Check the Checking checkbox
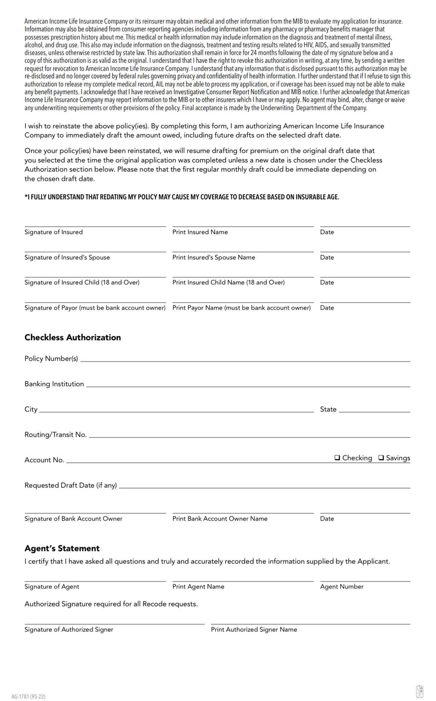(x=337, y=458)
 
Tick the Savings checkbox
(x=381, y=458)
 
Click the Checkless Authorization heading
(x=73, y=337)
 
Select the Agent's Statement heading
(x=62, y=548)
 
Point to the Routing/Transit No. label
(x=55, y=434)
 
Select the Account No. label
(x=44, y=460)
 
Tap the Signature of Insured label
(x=53, y=232)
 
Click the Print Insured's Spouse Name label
(x=214, y=257)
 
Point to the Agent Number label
(x=342, y=586)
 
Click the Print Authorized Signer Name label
(x=254, y=629)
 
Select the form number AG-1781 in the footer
(x=28, y=696)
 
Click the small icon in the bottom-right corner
(x=420, y=691)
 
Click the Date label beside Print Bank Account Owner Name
(x=327, y=518)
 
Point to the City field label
(x=31, y=409)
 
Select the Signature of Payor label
(x=95, y=307)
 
